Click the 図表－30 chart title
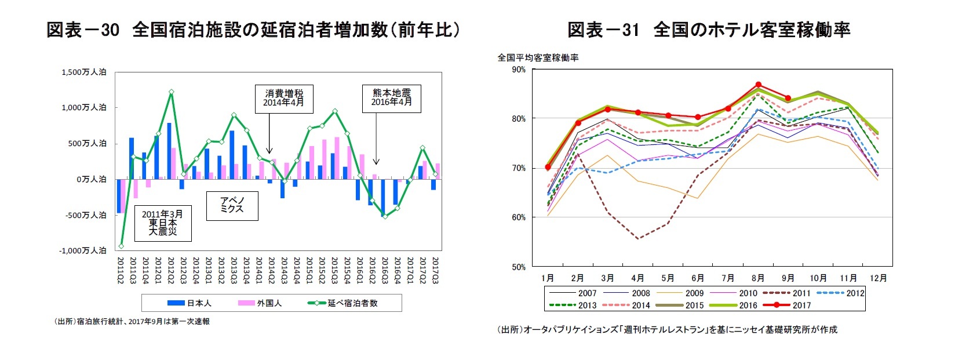pyautogui.click(x=253, y=30)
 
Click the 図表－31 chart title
pyautogui.click(x=709, y=30)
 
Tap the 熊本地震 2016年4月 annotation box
pyautogui.click(x=392, y=97)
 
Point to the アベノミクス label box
pyautogui.click(x=232, y=205)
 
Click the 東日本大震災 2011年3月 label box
pyautogui.click(x=162, y=223)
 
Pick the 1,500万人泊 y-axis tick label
pyautogui.click(x=84, y=72)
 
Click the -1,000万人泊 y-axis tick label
pyautogui.click(x=83, y=250)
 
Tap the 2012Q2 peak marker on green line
pyautogui.click(x=171, y=92)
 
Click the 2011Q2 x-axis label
pyautogui.click(x=121, y=270)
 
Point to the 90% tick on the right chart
pyautogui.click(x=519, y=70)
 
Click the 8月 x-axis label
pyautogui.click(x=757, y=278)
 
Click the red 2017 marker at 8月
pyautogui.click(x=758, y=85)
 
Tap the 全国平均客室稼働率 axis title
pyautogui.click(x=538, y=57)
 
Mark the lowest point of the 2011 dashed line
pyautogui.click(x=638, y=239)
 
